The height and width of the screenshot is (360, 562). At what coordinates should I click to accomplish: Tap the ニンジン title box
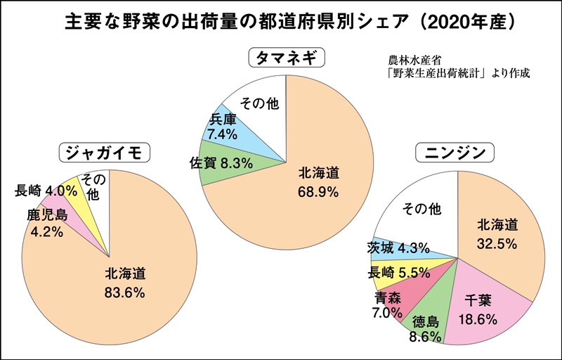coord(456,153)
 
